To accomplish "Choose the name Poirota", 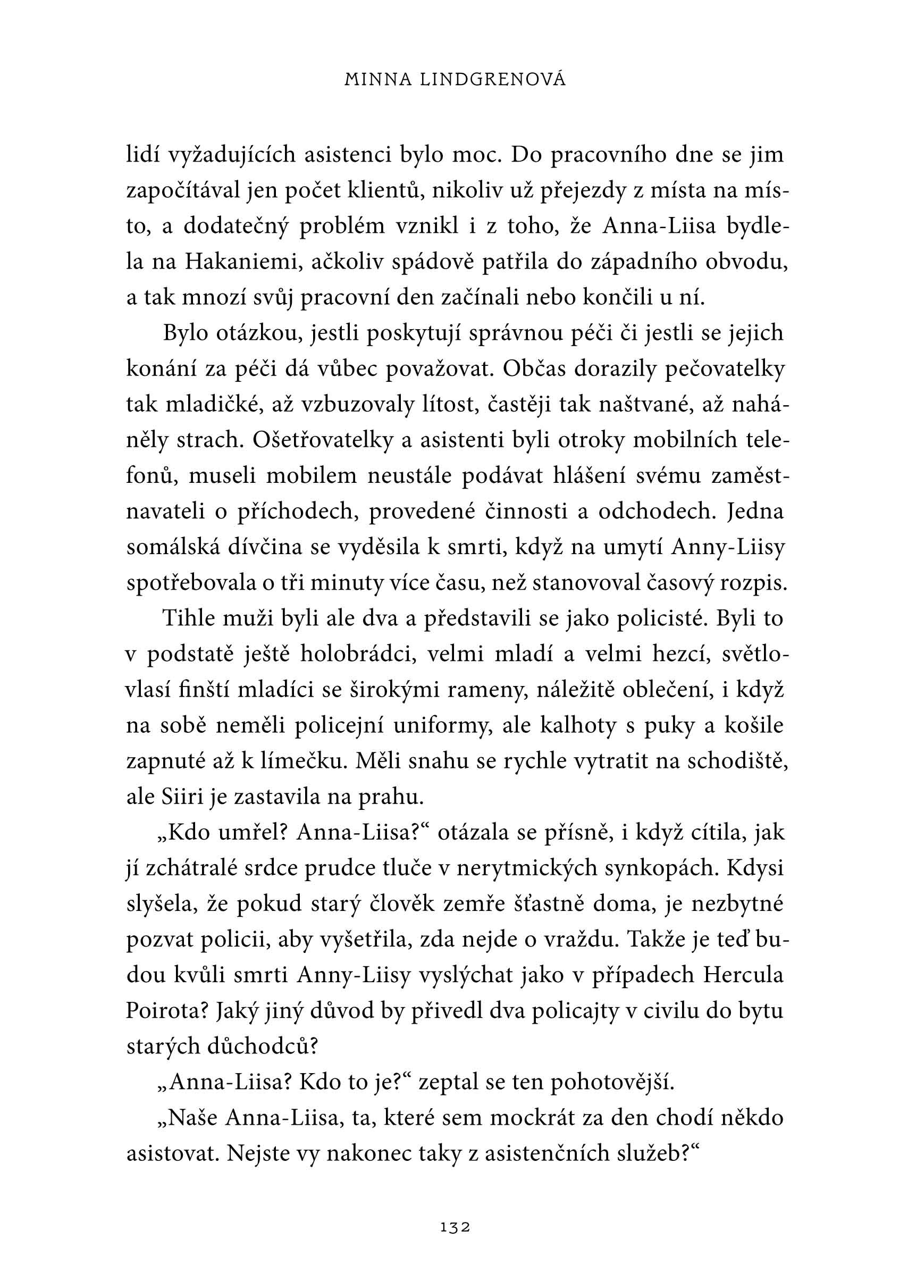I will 165,1011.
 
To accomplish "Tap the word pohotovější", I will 612,1082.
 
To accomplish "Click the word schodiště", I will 737,762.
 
